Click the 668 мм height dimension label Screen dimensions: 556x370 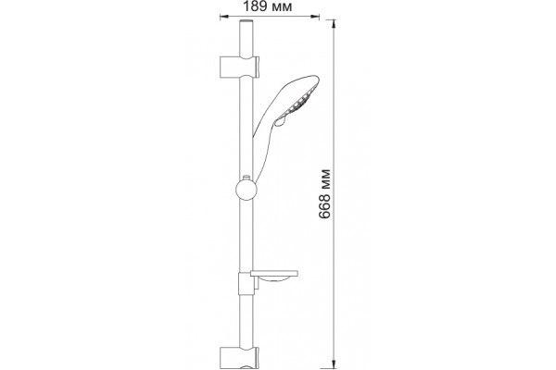pos(324,194)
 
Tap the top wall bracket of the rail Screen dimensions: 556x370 pos(240,67)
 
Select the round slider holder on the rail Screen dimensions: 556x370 pos(246,191)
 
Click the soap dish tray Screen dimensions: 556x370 pos(273,274)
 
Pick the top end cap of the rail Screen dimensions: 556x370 pos(246,22)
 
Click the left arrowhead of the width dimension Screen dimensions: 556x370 pos(223,16)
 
